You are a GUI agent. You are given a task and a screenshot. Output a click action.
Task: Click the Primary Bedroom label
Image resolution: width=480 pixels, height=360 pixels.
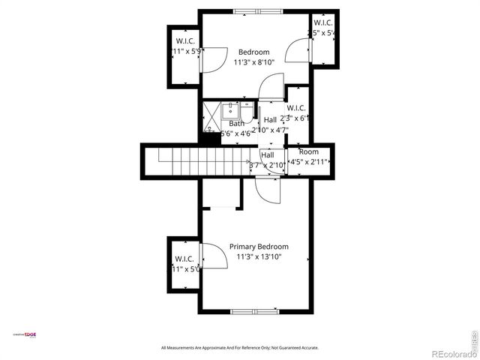258,246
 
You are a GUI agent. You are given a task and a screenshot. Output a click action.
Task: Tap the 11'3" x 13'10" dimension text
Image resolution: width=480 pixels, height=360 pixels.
258,256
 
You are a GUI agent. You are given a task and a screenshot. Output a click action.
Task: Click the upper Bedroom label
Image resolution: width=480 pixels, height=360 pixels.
253,52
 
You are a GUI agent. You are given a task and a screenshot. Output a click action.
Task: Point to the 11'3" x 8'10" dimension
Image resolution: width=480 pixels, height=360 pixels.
254,62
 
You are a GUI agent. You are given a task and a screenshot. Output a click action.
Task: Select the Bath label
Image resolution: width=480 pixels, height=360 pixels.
236,124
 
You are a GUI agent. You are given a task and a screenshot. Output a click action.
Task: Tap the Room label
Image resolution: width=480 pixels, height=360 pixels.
309,151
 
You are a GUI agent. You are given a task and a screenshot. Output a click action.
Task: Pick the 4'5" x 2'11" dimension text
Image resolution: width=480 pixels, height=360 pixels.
309,161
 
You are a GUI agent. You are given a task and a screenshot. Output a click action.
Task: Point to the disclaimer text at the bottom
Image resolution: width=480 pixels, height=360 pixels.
240,348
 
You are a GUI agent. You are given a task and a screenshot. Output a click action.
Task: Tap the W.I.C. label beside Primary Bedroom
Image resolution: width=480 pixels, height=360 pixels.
184,259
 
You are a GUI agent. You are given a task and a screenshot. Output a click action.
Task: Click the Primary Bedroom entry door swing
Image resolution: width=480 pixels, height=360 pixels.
266,189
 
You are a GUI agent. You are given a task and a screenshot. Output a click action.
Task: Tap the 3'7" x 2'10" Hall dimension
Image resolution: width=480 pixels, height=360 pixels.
267,165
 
